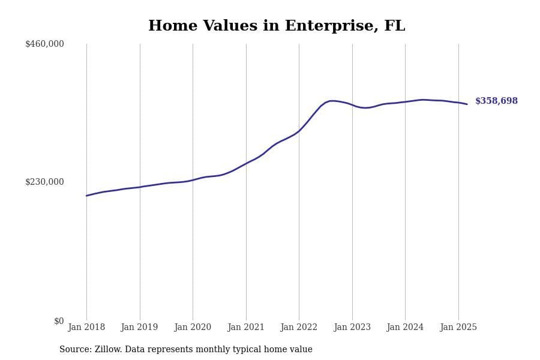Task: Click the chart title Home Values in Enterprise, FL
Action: [x=277, y=26]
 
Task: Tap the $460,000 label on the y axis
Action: [x=44, y=44]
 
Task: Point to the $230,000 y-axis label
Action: [x=44, y=182]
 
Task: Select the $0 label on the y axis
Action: [x=59, y=321]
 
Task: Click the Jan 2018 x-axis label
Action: [x=86, y=328]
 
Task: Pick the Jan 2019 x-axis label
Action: [x=139, y=328]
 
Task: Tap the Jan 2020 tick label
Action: [x=193, y=328]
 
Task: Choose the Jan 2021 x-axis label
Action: [x=245, y=328]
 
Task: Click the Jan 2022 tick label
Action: [x=299, y=328]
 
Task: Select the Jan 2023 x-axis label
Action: [x=352, y=328]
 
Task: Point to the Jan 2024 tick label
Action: [x=405, y=328]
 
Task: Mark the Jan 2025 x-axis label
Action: [x=458, y=328]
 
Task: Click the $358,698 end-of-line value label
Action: [x=496, y=101]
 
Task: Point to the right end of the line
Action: [x=467, y=104]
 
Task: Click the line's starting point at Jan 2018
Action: [x=86, y=196]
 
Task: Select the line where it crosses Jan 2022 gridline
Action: [x=299, y=131]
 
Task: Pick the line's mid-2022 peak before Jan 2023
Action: [x=332, y=101]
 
